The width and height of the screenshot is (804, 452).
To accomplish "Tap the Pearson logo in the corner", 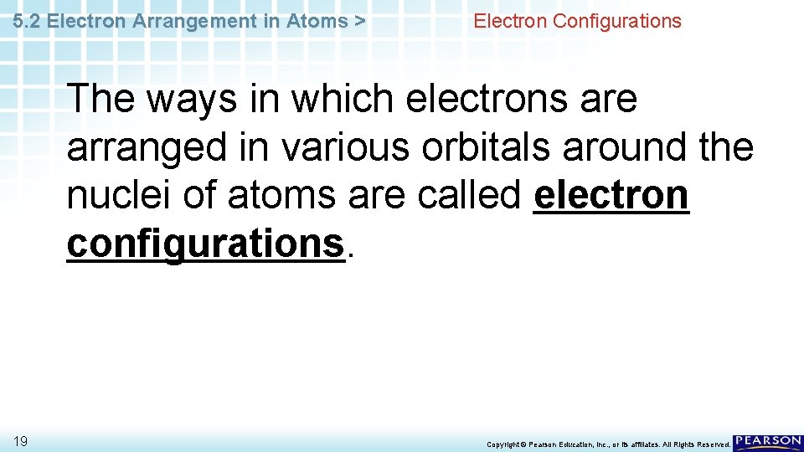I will (x=767, y=443).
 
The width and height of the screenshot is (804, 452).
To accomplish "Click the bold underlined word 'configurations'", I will (x=205, y=244).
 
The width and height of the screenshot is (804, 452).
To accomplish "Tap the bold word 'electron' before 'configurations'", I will (x=611, y=196).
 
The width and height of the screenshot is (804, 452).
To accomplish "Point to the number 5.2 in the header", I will (x=28, y=21).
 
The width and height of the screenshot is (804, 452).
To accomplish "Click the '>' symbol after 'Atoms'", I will (x=359, y=21).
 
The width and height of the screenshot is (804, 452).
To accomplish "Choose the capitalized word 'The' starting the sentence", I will (x=100, y=100).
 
